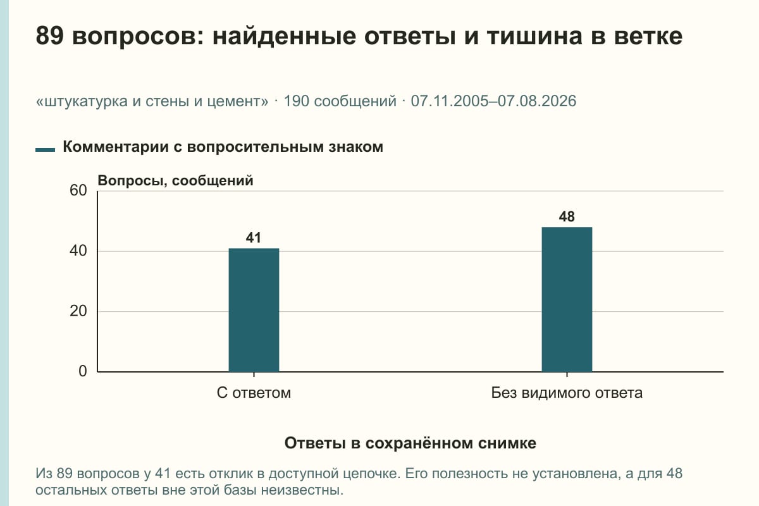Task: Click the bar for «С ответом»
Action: click(x=254, y=310)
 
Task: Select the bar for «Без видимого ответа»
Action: click(x=567, y=300)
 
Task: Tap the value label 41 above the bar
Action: click(x=254, y=238)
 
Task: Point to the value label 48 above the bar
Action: click(x=567, y=216)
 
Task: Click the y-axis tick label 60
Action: click(x=78, y=190)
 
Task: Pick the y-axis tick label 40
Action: click(x=78, y=251)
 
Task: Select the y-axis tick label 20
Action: click(x=78, y=311)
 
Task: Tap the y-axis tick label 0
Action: click(x=83, y=371)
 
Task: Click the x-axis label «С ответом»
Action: click(x=254, y=393)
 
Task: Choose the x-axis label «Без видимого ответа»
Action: click(x=567, y=393)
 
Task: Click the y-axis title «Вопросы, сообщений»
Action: click(x=176, y=181)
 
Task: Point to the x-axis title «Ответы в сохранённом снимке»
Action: click(x=410, y=443)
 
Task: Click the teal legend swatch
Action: click(x=45, y=150)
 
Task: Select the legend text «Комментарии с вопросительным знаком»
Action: click(x=223, y=147)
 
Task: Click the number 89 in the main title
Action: click(x=49, y=36)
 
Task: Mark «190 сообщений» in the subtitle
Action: click(x=340, y=101)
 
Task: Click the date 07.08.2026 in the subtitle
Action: click(x=537, y=101)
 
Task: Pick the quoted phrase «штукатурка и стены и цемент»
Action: click(x=152, y=102)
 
